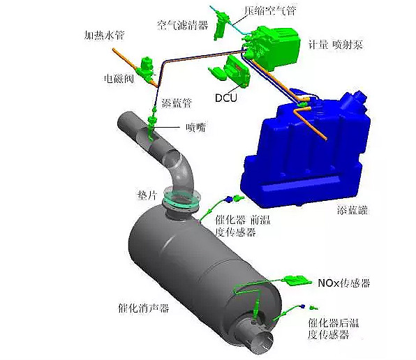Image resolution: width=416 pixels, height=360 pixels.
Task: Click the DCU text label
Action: coord(225,98)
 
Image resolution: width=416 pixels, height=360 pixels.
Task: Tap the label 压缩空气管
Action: coord(270,10)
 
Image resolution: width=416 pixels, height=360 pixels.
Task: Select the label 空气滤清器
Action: coord(183,25)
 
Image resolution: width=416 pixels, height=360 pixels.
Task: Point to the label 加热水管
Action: coord(104,35)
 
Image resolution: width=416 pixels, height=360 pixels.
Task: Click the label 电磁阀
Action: coord(119,78)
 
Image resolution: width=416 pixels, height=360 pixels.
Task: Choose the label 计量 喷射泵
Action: coord(335,44)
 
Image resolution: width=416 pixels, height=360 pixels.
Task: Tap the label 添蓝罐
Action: coord(352,210)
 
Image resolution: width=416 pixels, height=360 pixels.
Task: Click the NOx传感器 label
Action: coord(344,283)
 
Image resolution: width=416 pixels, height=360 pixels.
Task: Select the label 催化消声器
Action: coord(143,308)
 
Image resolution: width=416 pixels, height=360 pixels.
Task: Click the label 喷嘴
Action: coord(195,128)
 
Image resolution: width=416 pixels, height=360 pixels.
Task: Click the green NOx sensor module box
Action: coord(297,281)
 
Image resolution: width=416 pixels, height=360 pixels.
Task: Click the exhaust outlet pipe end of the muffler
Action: coord(263,343)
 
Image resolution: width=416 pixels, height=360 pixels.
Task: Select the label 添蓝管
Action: coord(177,103)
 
